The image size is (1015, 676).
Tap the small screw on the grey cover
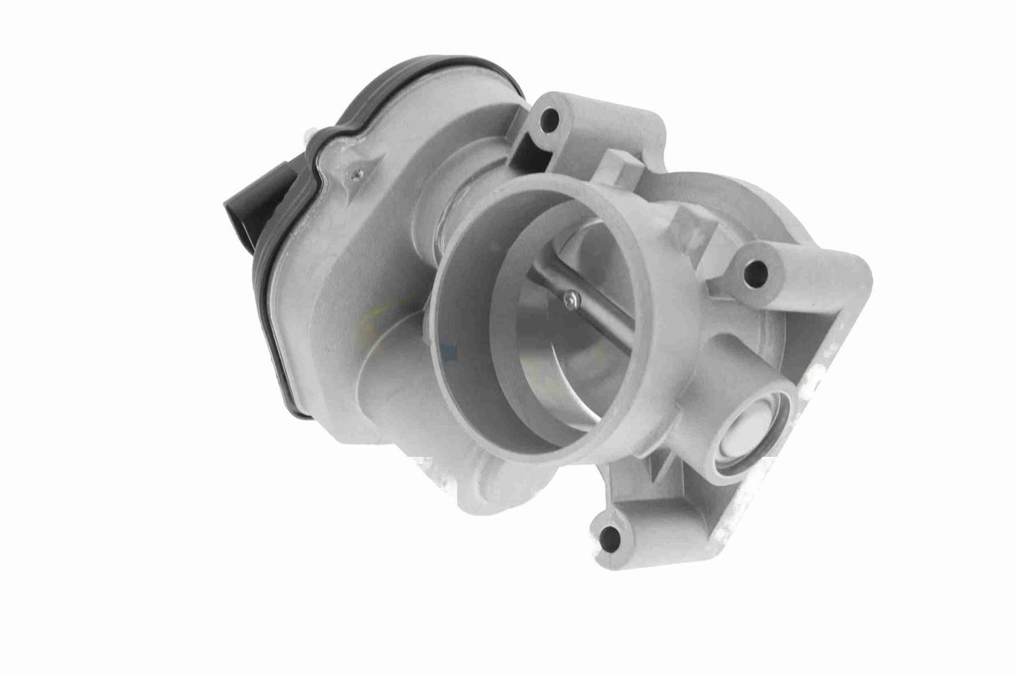pyautogui.click(x=358, y=173)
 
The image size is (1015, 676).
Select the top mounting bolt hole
pyautogui.click(x=549, y=120)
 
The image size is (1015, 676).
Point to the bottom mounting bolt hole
pyautogui.click(x=610, y=537)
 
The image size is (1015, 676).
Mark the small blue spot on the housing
pyautogui.click(x=451, y=353)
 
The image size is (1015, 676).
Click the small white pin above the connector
pyautogui.click(x=310, y=134)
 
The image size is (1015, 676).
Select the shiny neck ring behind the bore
pyautogui.click(x=451, y=213)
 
